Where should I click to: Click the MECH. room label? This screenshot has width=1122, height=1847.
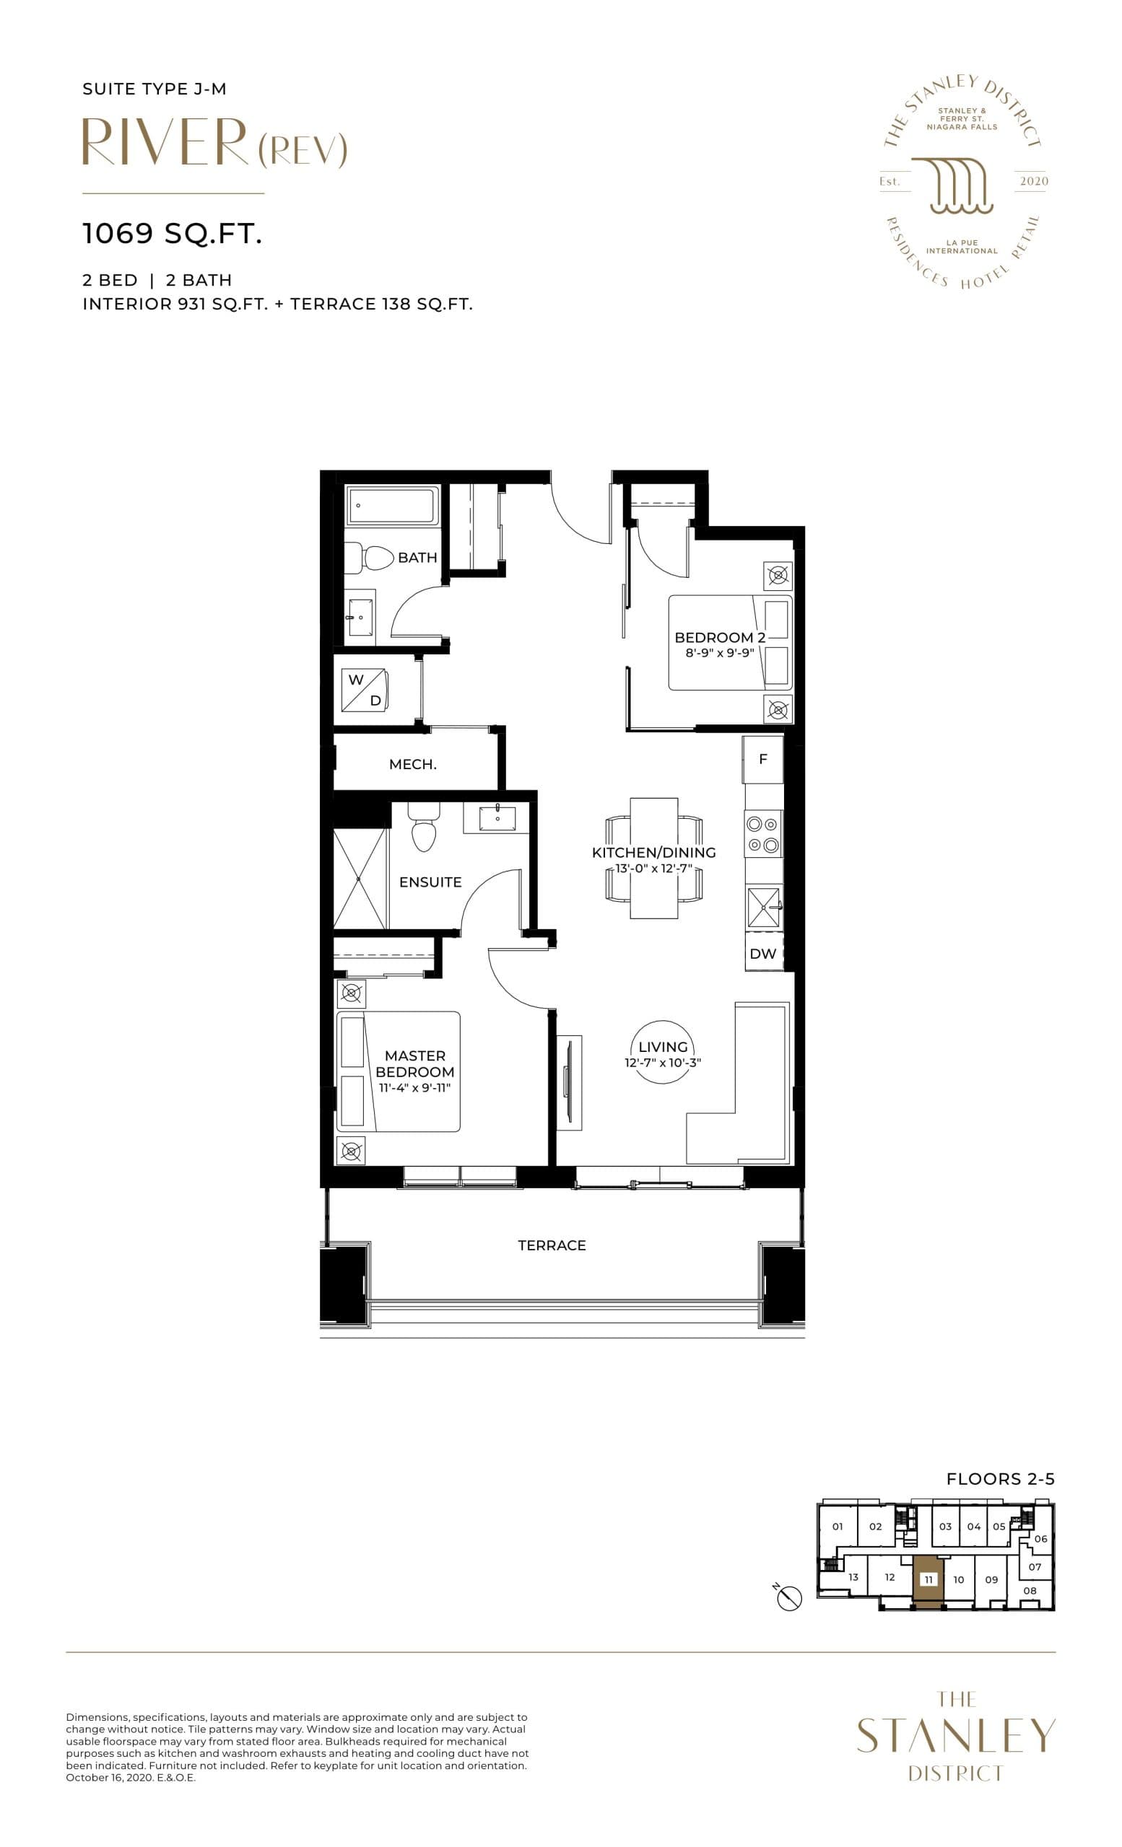coord(412,765)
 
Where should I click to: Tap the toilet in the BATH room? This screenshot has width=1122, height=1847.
coord(378,558)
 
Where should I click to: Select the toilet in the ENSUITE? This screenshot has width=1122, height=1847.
coord(424,831)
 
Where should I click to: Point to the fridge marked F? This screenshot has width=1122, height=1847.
coord(762,759)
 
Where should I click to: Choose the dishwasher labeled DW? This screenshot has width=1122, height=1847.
coord(762,954)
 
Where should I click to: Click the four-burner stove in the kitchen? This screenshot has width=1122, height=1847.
coord(762,835)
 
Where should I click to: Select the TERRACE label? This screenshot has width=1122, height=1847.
coord(552,1245)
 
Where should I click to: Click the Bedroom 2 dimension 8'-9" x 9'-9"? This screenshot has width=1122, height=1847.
coord(719,653)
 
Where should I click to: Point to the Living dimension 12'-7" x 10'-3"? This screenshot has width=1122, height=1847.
coord(662,1063)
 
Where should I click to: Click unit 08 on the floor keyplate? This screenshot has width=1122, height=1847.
coord(1030,1590)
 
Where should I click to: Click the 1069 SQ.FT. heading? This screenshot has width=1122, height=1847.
coord(173,234)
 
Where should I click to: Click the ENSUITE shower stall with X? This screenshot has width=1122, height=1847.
coord(360,879)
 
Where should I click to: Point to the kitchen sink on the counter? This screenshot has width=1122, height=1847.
coord(763,907)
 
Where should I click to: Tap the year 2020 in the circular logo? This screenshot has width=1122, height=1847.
coord(1033,181)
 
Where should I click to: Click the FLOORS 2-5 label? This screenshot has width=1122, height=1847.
coord(1001,1479)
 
